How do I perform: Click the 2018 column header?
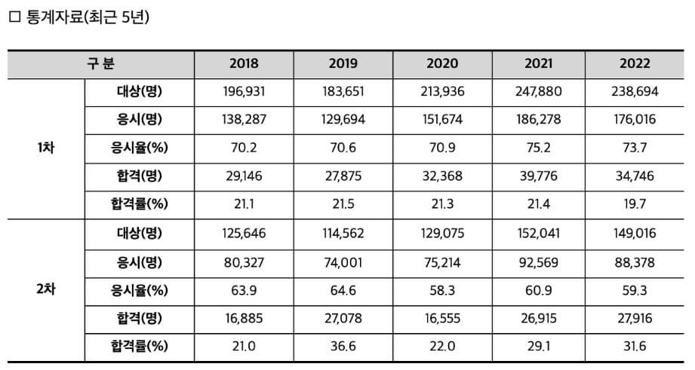pyautogui.click(x=243, y=63)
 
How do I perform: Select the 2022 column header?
pyautogui.click(x=635, y=63)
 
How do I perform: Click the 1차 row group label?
pyautogui.click(x=45, y=147)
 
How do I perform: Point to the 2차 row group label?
pyautogui.click(x=45, y=289)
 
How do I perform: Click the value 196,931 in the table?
pyautogui.click(x=243, y=91)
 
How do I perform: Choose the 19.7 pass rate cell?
pyautogui.click(x=635, y=203)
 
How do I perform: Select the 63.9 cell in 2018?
pyautogui.click(x=243, y=289)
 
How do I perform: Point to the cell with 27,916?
pyautogui.click(x=635, y=318)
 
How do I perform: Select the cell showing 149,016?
pyautogui.click(x=635, y=233)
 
